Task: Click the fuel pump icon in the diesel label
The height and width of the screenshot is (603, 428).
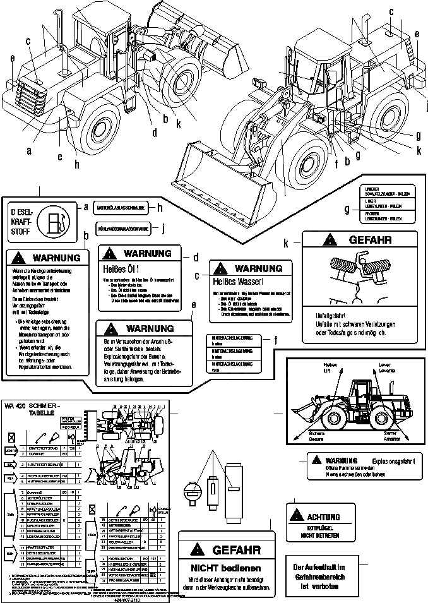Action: point(56,224)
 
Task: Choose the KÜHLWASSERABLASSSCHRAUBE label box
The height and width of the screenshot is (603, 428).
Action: point(124,229)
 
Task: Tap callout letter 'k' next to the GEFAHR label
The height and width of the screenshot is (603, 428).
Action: point(287,242)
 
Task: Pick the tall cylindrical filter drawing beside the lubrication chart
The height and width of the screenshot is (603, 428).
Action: point(234,493)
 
